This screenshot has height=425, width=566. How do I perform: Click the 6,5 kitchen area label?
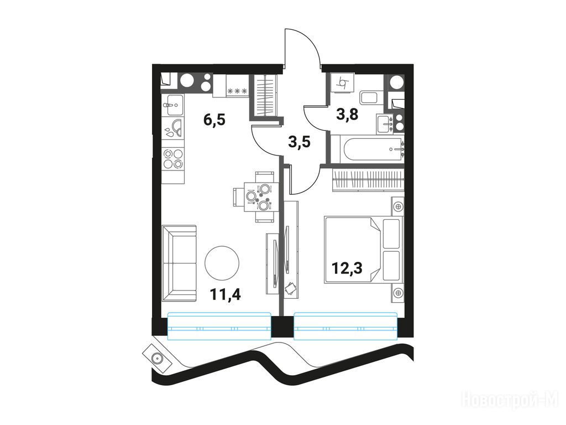click(x=214, y=119)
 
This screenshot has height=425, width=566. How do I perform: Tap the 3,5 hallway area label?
click(x=299, y=142)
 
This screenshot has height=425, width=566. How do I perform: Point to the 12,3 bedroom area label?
click(x=347, y=268)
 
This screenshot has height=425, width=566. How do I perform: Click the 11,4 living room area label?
click(x=226, y=295)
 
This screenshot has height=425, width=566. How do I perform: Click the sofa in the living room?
click(x=179, y=263)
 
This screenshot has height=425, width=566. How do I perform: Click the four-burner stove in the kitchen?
click(x=173, y=159)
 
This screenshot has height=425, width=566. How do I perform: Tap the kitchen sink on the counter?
click(x=173, y=106)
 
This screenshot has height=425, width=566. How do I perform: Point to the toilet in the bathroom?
click(x=369, y=98)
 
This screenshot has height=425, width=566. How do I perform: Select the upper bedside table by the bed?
click(x=398, y=207)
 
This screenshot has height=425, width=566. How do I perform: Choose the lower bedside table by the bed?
click(x=398, y=293)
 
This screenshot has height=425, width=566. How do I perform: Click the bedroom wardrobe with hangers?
click(x=367, y=180)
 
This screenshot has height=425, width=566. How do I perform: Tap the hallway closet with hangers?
click(x=266, y=95)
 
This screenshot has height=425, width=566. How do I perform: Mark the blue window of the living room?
click(x=219, y=326)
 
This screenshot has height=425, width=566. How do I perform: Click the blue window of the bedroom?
click(x=346, y=326)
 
